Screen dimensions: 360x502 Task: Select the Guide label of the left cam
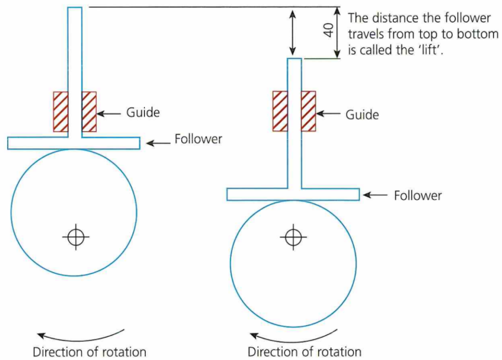click(x=143, y=112)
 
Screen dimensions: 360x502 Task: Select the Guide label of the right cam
click(x=362, y=114)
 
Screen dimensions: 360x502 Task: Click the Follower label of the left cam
click(x=198, y=139)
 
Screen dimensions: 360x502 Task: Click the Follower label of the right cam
click(x=417, y=195)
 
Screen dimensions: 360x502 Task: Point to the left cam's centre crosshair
click(x=76, y=237)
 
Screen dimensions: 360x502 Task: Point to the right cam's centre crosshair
click(x=293, y=237)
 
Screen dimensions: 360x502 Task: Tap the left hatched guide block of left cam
click(x=60, y=111)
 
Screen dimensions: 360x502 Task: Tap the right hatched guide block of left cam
click(x=89, y=111)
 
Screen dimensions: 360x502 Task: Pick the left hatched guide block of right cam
click(x=280, y=111)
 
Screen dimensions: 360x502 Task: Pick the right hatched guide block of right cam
click(x=308, y=111)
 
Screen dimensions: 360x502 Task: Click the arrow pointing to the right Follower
click(x=376, y=195)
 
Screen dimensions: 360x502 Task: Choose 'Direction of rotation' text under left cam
click(x=90, y=352)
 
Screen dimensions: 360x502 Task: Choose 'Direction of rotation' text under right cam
click(x=304, y=352)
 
